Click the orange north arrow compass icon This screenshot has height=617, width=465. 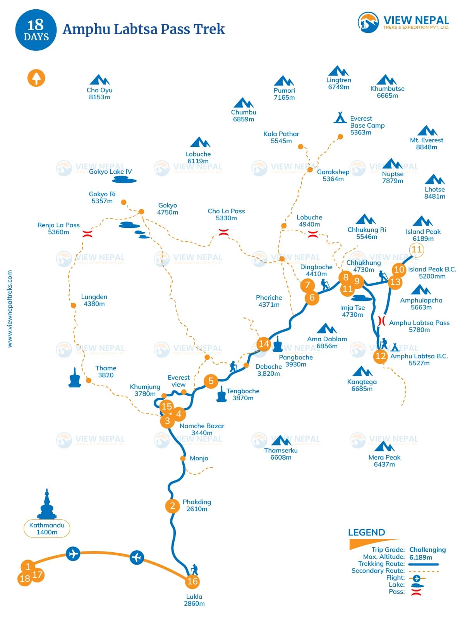[x=36, y=78]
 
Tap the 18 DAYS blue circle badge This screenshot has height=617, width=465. [x=36, y=30]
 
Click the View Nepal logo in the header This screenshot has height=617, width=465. [x=403, y=22]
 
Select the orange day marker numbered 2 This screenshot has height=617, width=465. [x=172, y=506]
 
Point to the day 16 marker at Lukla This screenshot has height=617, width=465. [x=192, y=581]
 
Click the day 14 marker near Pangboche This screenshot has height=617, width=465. [x=264, y=344]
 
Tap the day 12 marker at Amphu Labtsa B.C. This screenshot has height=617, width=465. [x=381, y=356]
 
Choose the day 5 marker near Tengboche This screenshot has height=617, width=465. [x=211, y=381]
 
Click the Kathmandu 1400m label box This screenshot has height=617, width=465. [x=47, y=529]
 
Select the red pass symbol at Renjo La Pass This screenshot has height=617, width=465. [x=88, y=233]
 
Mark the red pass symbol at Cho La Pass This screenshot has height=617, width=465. [x=223, y=232]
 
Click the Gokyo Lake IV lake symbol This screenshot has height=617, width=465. [x=124, y=180]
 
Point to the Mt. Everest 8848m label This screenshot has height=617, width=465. [x=426, y=143]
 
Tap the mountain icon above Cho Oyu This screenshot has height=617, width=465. [x=100, y=80]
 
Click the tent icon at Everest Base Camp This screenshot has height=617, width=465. [x=340, y=117]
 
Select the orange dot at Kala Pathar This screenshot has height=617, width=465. [x=300, y=147]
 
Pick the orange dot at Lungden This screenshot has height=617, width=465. [x=74, y=306]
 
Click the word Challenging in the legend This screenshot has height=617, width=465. [x=427, y=550]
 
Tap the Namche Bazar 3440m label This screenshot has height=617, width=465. [x=202, y=429]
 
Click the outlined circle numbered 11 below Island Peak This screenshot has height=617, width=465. [x=417, y=249]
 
